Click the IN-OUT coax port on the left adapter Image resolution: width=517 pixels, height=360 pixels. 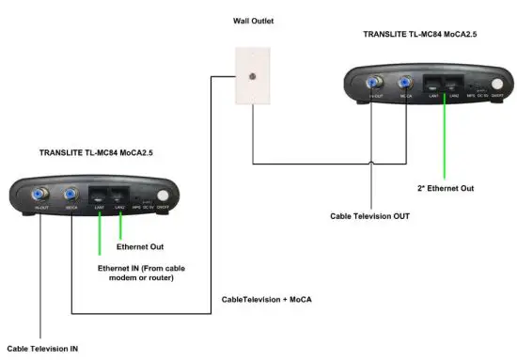[x=40, y=196]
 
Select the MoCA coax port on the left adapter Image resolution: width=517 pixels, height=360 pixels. [x=71, y=196]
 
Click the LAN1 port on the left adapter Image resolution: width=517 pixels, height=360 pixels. [x=100, y=196]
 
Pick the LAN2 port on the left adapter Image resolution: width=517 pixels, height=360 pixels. [x=119, y=196]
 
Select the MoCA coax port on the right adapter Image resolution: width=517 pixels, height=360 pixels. [x=407, y=83]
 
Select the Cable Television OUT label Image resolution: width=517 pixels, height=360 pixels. [x=369, y=215]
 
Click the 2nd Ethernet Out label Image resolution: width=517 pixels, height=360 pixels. [x=445, y=188]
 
